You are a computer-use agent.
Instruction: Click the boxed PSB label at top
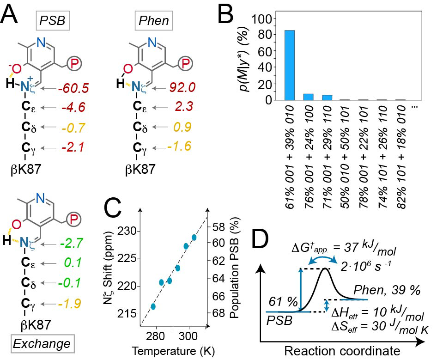tap(52, 22)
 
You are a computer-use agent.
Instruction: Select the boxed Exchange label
tap(41, 344)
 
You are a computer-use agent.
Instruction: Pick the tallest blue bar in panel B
tap(290, 65)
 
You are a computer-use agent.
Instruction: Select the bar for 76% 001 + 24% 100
tap(308, 97)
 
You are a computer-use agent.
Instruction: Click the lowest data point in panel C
tap(153, 306)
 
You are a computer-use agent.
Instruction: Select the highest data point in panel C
tap(194, 237)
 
